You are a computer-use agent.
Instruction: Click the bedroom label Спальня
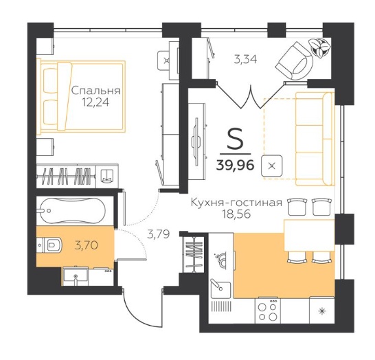click(x=95, y=91)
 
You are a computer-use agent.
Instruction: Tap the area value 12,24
click(x=95, y=102)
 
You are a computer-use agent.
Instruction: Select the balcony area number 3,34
click(x=245, y=59)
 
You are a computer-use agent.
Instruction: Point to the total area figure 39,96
click(x=235, y=165)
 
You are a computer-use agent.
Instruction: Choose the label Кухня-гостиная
click(x=236, y=203)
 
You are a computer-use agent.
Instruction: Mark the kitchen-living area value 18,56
click(x=236, y=214)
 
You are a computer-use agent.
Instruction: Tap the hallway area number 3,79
click(x=159, y=234)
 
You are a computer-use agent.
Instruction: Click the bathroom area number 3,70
click(x=87, y=245)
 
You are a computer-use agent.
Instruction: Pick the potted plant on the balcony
click(x=320, y=47)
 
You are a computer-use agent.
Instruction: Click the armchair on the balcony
click(x=295, y=62)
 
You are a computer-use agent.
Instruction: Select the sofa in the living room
click(x=315, y=139)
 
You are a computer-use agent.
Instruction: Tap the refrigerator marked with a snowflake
click(x=322, y=311)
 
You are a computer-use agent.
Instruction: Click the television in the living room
click(x=197, y=142)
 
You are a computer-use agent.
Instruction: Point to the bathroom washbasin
click(x=76, y=276)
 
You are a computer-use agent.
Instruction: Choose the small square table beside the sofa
click(x=271, y=166)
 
